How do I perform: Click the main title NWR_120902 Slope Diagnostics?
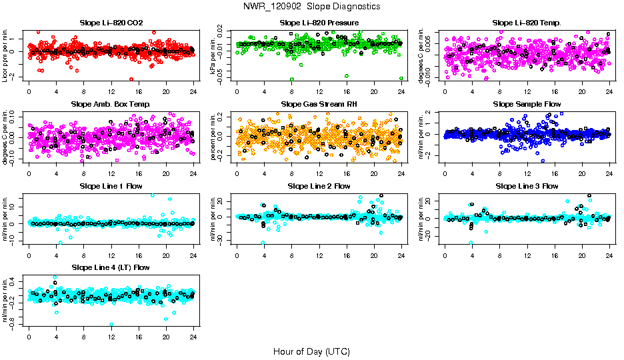pyautogui.click(x=311, y=6)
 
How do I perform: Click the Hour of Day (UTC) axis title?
pyautogui.click(x=311, y=351)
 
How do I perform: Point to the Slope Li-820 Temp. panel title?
pyautogui.click(x=527, y=23)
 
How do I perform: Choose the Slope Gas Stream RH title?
pyautogui.click(x=319, y=104)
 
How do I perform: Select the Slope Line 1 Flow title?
pyautogui.click(x=111, y=186)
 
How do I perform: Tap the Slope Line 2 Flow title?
pyautogui.click(x=319, y=186)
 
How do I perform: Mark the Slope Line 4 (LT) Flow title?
pyautogui.click(x=111, y=267)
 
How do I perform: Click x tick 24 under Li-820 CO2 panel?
pyautogui.click(x=193, y=91)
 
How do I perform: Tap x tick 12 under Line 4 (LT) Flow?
pyautogui.click(x=111, y=335)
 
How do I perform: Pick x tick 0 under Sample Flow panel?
pyautogui.click(x=445, y=173)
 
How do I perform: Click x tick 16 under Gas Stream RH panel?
pyautogui.click(x=347, y=173)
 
